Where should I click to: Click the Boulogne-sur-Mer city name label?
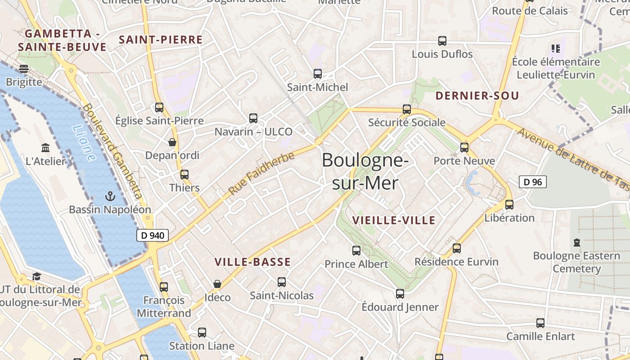(x=365, y=171)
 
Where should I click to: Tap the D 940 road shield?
(x=153, y=235)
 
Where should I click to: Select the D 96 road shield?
(x=533, y=182)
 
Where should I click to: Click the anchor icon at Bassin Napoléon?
(x=110, y=196)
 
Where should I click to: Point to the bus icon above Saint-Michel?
(x=318, y=74)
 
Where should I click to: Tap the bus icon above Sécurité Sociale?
(x=407, y=109)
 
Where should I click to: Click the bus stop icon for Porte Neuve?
(x=464, y=147)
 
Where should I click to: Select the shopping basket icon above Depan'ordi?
(x=172, y=143)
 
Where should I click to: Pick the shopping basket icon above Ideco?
(x=217, y=284)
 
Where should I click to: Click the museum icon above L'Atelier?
(x=45, y=148)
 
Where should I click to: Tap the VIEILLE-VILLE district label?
(x=394, y=220)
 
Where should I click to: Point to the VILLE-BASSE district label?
(x=252, y=262)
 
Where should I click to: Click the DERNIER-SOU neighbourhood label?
(x=477, y=95)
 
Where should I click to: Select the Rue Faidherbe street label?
(x=261, y=173)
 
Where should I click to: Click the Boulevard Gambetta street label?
(x=113, y=151)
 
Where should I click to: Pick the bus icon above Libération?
(x=509, y=204)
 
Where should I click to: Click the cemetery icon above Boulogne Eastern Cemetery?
(x=577, y=243)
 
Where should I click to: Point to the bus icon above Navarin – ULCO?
(x=253, y=118)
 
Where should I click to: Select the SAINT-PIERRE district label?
(x=161, y=40)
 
